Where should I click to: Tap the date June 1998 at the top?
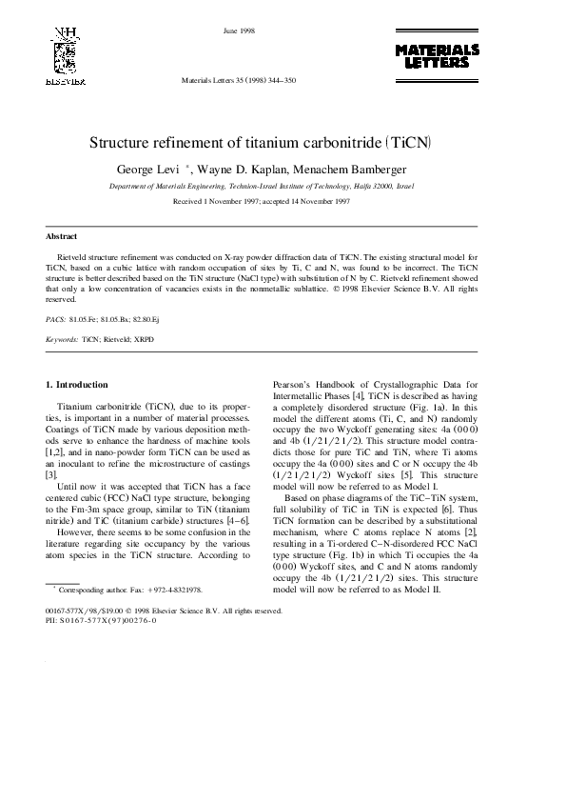click(237, 30)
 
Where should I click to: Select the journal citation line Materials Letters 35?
click(239, 81)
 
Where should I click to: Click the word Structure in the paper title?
click(122, 144)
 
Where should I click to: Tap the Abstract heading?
click(62, 236)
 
